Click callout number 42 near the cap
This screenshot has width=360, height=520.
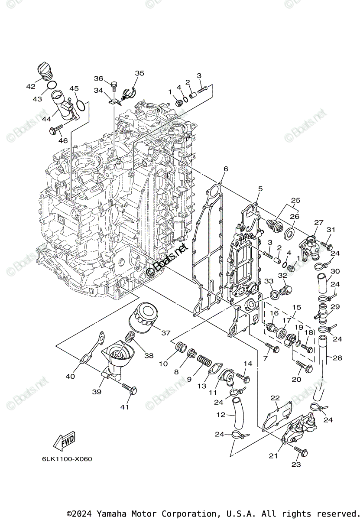[x=30, y=86]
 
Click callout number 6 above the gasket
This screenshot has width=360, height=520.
[x=226, y=169]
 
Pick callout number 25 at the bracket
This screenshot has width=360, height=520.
[x=295, y=200]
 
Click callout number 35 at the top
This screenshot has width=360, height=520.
[x=139, y=73]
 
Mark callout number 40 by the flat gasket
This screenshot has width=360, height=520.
[x=70, y=376]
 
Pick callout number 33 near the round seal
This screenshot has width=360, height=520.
[x=269, y=281]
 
